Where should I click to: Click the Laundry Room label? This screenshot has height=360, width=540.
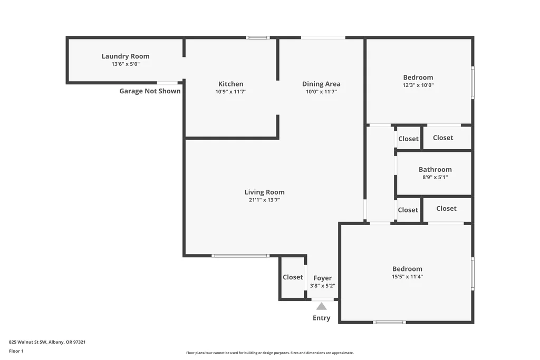126,56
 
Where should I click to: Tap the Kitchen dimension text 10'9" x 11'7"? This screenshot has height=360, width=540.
231,92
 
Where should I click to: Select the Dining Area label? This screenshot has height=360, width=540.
321,84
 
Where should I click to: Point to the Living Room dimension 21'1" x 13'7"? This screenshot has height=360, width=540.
265,200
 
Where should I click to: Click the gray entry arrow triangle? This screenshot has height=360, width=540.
321,306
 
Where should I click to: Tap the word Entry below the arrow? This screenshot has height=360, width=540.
321,318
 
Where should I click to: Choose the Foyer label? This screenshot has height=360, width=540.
323,278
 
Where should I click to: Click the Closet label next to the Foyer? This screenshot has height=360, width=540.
293,277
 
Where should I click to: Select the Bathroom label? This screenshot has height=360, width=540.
435,169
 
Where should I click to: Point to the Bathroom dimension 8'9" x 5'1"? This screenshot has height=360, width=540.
435,177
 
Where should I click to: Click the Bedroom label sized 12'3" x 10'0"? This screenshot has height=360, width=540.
418,77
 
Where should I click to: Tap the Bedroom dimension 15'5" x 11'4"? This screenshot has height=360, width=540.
408,276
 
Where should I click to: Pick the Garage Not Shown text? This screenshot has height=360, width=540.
150,91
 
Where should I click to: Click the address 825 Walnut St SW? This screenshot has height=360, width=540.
27,342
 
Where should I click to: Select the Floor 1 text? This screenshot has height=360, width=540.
16,351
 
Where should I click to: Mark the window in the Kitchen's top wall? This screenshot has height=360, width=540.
257,37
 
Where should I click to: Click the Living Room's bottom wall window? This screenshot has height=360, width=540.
240,256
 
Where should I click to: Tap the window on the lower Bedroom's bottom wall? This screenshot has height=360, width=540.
389,323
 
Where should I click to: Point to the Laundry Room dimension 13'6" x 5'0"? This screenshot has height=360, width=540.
126,64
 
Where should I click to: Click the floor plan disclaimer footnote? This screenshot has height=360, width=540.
270,353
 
